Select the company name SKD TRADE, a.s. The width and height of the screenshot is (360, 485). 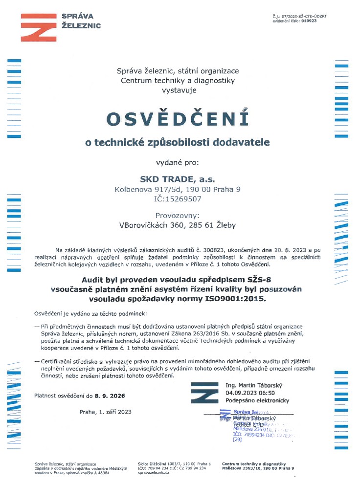178,178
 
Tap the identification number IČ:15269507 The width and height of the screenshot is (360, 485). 178,199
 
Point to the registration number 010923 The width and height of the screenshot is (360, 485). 310,21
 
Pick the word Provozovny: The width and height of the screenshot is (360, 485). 178,215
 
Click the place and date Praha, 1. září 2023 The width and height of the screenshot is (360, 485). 106,412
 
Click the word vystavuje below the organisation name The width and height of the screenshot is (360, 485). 178,90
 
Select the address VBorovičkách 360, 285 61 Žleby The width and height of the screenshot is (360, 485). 178,225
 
